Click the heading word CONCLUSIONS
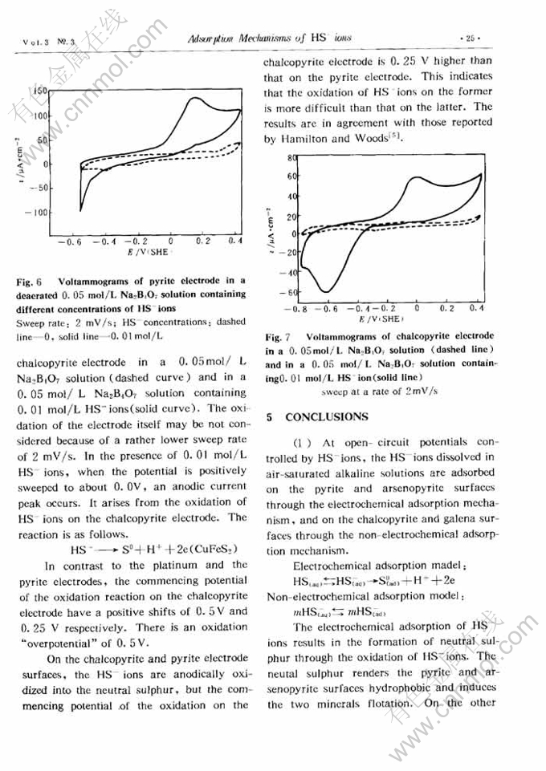[327, 417]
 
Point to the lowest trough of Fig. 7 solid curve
[327, 290]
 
